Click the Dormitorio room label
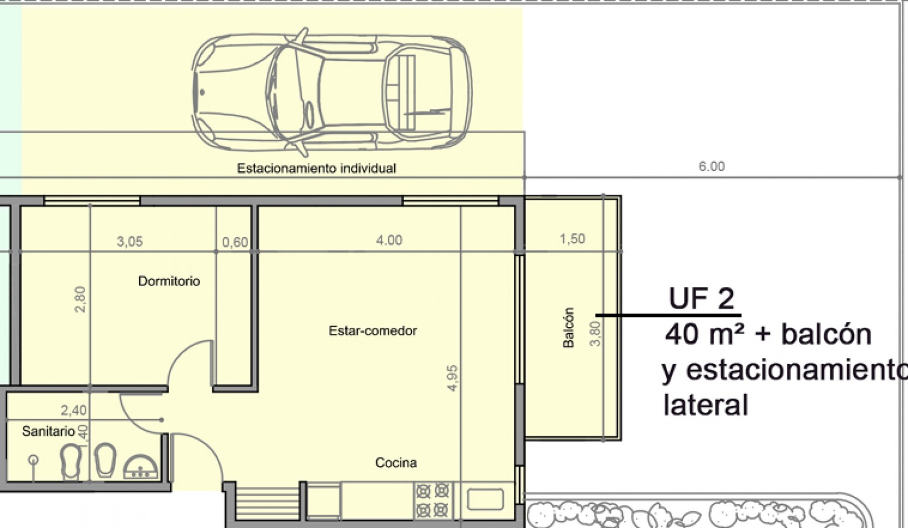169,281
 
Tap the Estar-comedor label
373,331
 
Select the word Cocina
396,462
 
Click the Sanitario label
48,431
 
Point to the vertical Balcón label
568,328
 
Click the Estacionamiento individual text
316,168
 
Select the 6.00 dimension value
711,166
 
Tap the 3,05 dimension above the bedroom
130,241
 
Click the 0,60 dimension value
235,242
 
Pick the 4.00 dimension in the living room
389,240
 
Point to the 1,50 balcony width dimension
572,239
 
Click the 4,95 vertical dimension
453,378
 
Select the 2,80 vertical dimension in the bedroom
81,299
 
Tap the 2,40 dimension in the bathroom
73,410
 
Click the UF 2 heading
701,299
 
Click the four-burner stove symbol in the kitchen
433,500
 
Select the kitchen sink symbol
485,499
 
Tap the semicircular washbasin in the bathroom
140,468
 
